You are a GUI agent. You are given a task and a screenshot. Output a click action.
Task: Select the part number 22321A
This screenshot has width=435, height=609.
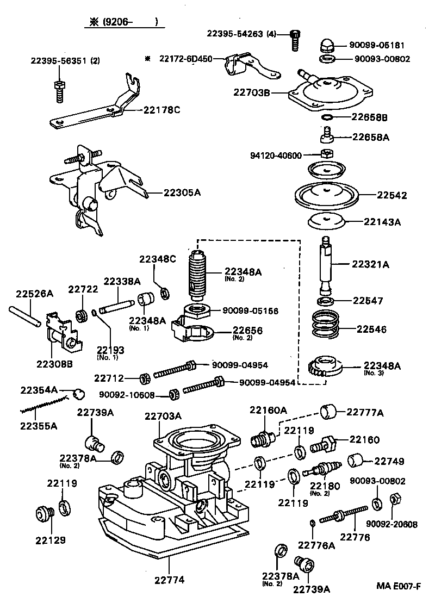tap(371, 264)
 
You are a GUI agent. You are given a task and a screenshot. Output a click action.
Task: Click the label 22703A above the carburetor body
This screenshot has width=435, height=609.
tap(163, 416)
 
